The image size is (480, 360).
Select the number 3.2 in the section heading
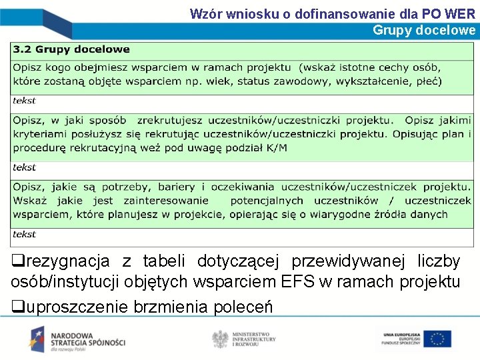tap(23, 49)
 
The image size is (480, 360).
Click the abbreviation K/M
tap(276, 147)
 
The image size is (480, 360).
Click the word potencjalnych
tap(267, 201)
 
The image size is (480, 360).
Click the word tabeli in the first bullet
tap(165, 261)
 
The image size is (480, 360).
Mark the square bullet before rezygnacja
tap(16, 261)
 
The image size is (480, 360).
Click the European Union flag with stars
tap(437, 339)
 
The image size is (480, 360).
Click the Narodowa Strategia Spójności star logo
tap(39, 339)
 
